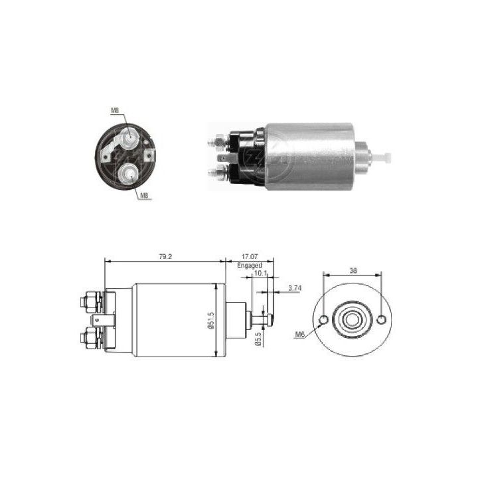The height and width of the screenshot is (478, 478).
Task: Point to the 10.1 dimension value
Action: pos(260,272)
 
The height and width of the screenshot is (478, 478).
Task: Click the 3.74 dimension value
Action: pos(296,287)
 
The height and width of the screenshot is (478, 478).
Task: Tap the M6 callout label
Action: pos(301,335)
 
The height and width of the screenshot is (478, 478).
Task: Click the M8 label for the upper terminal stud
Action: pos(114,110)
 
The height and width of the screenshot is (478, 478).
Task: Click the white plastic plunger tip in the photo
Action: pos(382,157)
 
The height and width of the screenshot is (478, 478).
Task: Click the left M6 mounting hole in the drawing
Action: pos(323,321)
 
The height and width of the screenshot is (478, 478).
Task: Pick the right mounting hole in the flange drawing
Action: pos(381,320)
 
